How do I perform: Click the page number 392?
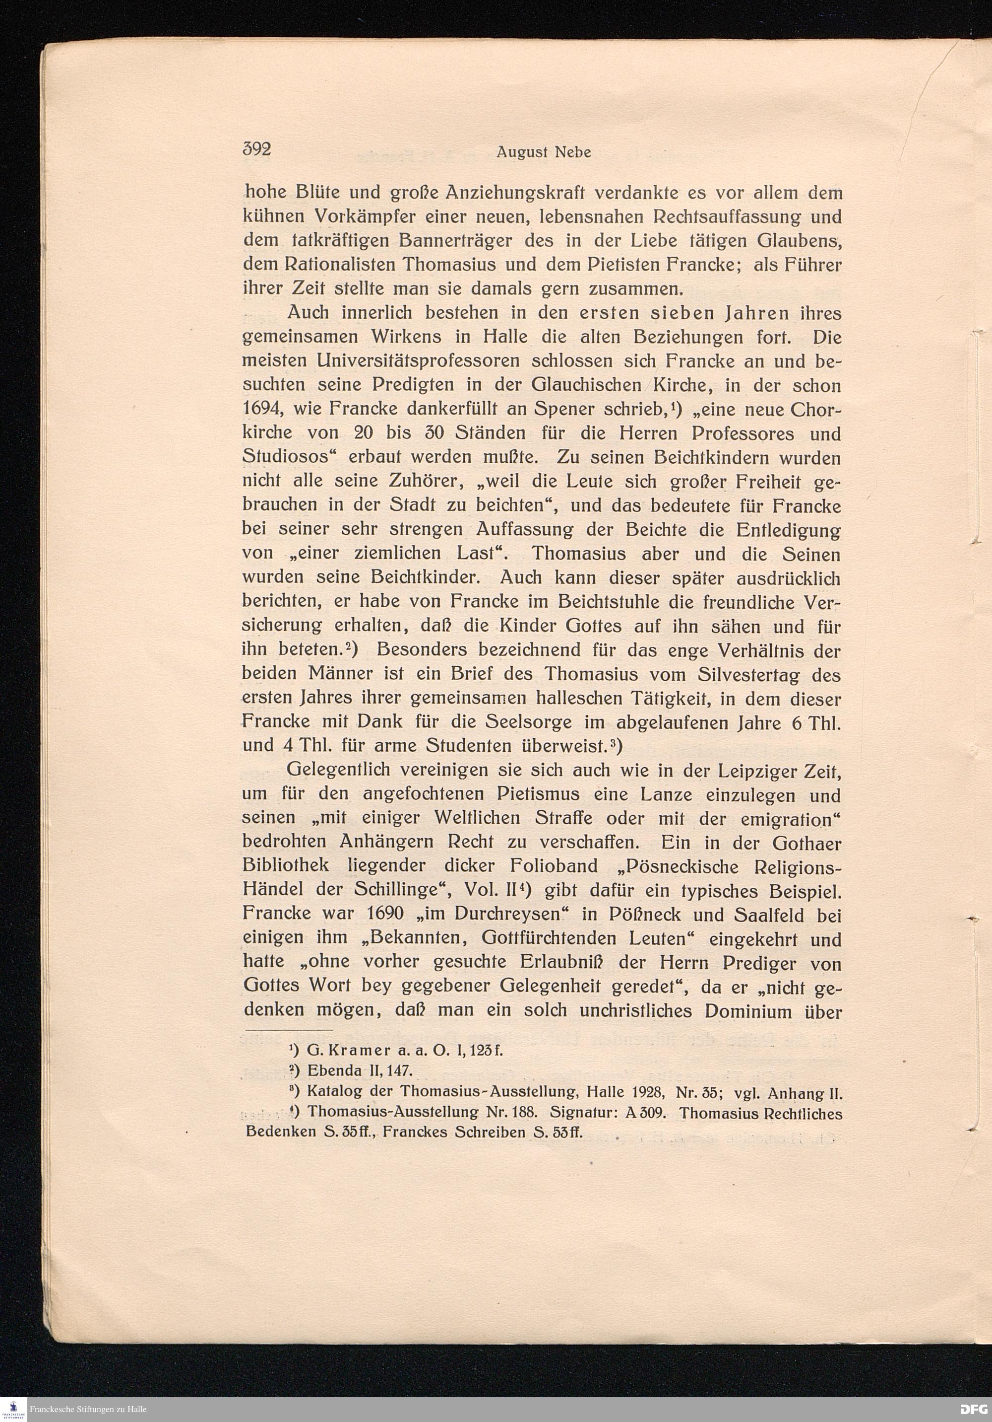[x=257, y=150]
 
